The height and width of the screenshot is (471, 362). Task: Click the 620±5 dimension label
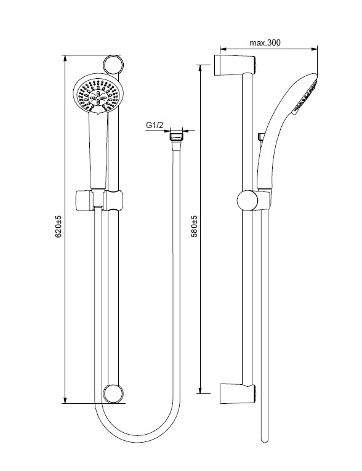(x=58, y=226)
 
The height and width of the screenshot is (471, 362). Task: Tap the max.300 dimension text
(x=265, y=42)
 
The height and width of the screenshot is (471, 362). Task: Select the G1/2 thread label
(x=155, y=125)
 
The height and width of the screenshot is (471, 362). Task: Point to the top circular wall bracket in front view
(x=113, y=65)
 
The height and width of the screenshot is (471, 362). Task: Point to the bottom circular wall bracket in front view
(x=113, y=393)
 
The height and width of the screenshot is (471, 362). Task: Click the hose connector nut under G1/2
(x=176, y=136)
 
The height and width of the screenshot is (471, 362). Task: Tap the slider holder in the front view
(x=99, y=200)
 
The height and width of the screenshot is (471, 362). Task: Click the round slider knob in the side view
(x=248, y=200)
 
